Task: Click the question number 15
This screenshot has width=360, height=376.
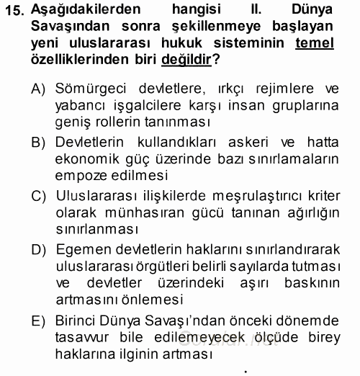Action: point(16,11)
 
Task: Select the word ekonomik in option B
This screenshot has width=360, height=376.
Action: point(84,160)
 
